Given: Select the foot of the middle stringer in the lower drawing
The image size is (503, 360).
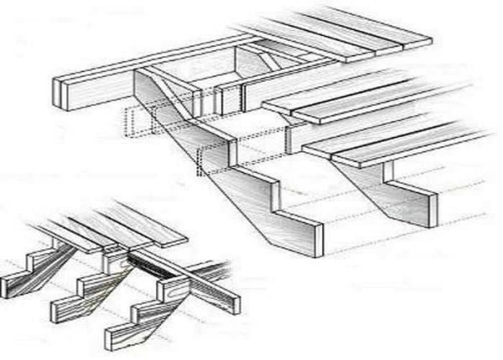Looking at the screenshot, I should point(64,311).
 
